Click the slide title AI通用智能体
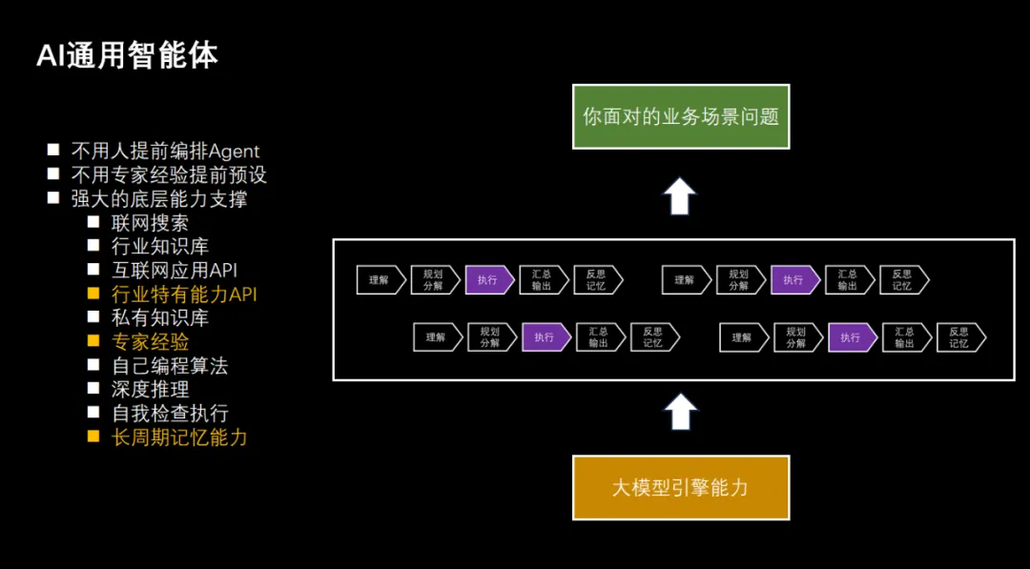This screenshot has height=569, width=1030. [127, 56]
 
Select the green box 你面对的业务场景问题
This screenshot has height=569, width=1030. [681, 117]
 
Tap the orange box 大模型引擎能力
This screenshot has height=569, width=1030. [681, 488]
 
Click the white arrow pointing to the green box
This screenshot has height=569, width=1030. [679, 195]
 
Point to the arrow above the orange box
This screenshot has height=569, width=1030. [679, 412]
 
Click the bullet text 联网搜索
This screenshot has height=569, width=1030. [150, 223]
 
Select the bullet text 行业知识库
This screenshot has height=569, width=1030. [159, 247]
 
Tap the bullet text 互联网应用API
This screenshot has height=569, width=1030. [175, 271]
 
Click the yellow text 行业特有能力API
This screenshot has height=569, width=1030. [184, 294]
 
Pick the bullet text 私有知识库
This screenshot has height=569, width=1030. [159, 318]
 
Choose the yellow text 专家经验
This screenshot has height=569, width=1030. [150, 342]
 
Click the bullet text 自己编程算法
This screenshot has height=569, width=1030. [170, 366]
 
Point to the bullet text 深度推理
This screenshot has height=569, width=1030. [150, 389]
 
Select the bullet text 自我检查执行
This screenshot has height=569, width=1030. [170, 413]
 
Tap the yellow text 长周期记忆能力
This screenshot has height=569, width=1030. [179, 437]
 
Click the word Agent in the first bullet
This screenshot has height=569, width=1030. [234, 152]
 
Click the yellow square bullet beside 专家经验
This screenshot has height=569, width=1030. [93, 341]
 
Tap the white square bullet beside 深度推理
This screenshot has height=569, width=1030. [93, 389]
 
